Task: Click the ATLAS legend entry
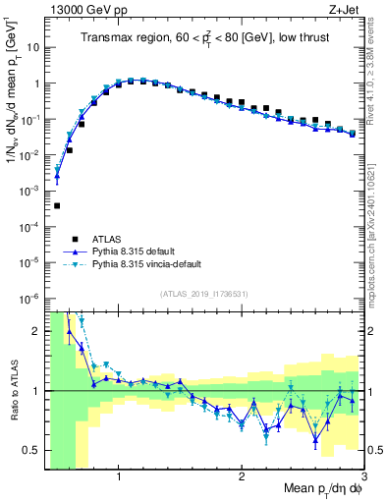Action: [110, 239]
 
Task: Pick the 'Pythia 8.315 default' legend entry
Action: [138, 251]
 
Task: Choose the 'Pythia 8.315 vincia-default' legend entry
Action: [152, 264]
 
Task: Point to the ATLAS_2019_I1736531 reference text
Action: [204, 294]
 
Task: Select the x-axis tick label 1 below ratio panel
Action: [119, 475]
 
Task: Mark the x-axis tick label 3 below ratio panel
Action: [362, 475]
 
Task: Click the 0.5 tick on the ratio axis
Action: [32, 450]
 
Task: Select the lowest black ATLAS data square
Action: [57, 205]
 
